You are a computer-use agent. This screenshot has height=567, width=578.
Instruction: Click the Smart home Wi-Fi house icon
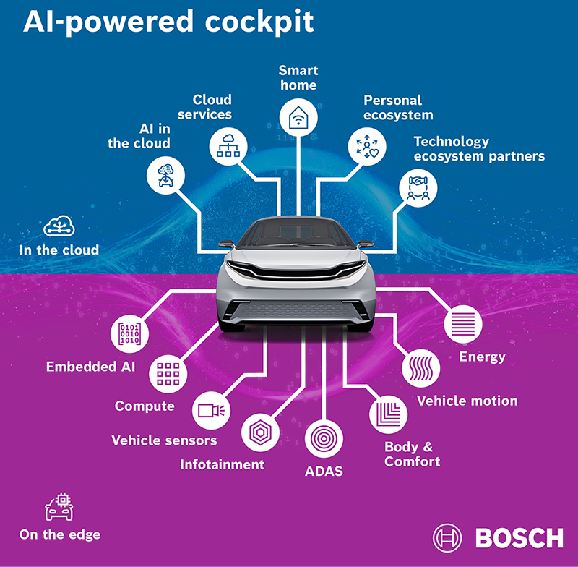click(298, 117)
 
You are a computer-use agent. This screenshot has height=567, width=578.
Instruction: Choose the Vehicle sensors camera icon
click(212, 410)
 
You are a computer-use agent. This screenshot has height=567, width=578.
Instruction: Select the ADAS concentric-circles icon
click(323, 438)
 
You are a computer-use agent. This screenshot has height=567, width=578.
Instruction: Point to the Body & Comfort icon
click(387, 414)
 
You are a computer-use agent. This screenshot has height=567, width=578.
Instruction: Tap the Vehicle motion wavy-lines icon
click(420, 367)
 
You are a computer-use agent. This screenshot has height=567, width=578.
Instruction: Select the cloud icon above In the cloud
click(58, 227)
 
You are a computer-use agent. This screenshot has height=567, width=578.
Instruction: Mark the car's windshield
click(296, 233)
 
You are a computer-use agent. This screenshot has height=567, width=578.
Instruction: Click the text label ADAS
click(324, 472)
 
